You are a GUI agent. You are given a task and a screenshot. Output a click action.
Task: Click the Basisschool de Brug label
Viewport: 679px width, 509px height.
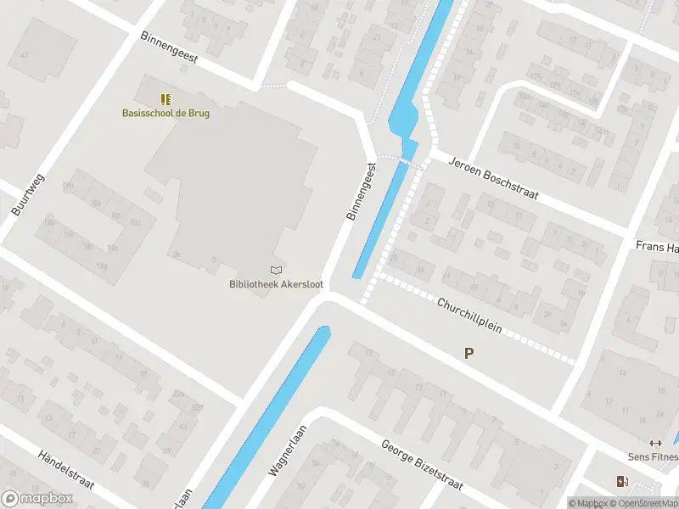166,113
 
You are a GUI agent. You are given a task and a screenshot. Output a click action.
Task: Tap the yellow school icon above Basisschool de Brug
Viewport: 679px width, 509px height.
166,99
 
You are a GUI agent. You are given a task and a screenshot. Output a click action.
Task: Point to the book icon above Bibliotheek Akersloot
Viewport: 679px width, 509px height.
275,270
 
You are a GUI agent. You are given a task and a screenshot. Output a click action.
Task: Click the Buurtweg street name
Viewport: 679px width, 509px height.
28,195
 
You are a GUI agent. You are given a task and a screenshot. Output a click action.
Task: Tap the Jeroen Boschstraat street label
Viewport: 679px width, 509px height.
493,178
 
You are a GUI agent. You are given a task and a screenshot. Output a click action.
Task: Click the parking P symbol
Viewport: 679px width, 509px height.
469,354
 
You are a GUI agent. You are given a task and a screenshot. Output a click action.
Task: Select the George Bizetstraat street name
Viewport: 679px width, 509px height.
421,465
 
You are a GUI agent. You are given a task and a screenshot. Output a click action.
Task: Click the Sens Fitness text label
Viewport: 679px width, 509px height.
652,457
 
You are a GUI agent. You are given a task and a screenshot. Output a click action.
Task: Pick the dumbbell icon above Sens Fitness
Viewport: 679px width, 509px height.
654,443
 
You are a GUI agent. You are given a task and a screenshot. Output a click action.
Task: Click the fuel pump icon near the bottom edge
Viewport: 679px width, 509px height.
623,482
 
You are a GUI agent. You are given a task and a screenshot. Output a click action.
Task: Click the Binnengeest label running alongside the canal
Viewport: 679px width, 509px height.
361,193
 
